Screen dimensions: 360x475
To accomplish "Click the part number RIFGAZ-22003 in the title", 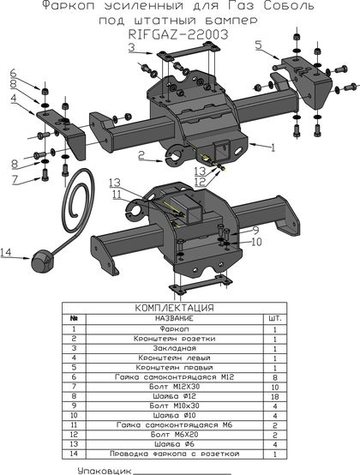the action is pos(178,34).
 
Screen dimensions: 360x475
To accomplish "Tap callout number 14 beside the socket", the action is pos(6,252).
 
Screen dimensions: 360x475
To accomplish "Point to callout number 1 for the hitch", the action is pos(273,147).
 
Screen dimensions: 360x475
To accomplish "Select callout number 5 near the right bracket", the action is pos(258,45).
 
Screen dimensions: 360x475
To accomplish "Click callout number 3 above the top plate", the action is pos(132,47).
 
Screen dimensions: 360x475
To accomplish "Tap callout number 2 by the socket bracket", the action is pos(141,155).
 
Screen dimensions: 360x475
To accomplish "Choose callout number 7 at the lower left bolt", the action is pos(15,179).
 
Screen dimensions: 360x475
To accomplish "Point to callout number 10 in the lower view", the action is pos(256,242).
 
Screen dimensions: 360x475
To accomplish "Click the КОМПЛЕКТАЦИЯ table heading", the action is pos(174,308).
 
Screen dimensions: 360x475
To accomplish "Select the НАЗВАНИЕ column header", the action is pos(174,318).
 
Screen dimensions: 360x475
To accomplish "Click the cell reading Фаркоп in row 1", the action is pos(174,328).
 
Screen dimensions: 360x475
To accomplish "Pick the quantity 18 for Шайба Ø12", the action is pos(275,396).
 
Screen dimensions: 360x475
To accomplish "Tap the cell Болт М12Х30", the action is pos(174,387).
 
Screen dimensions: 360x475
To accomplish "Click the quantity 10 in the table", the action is pos(275,387).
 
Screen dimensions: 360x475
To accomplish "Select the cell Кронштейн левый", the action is pos(174,358).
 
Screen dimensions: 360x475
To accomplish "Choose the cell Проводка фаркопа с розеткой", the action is pos(174,454).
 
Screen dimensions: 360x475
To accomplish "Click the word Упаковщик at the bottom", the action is pos(105,471).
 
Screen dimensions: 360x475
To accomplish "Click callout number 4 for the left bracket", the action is pos(14,99).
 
